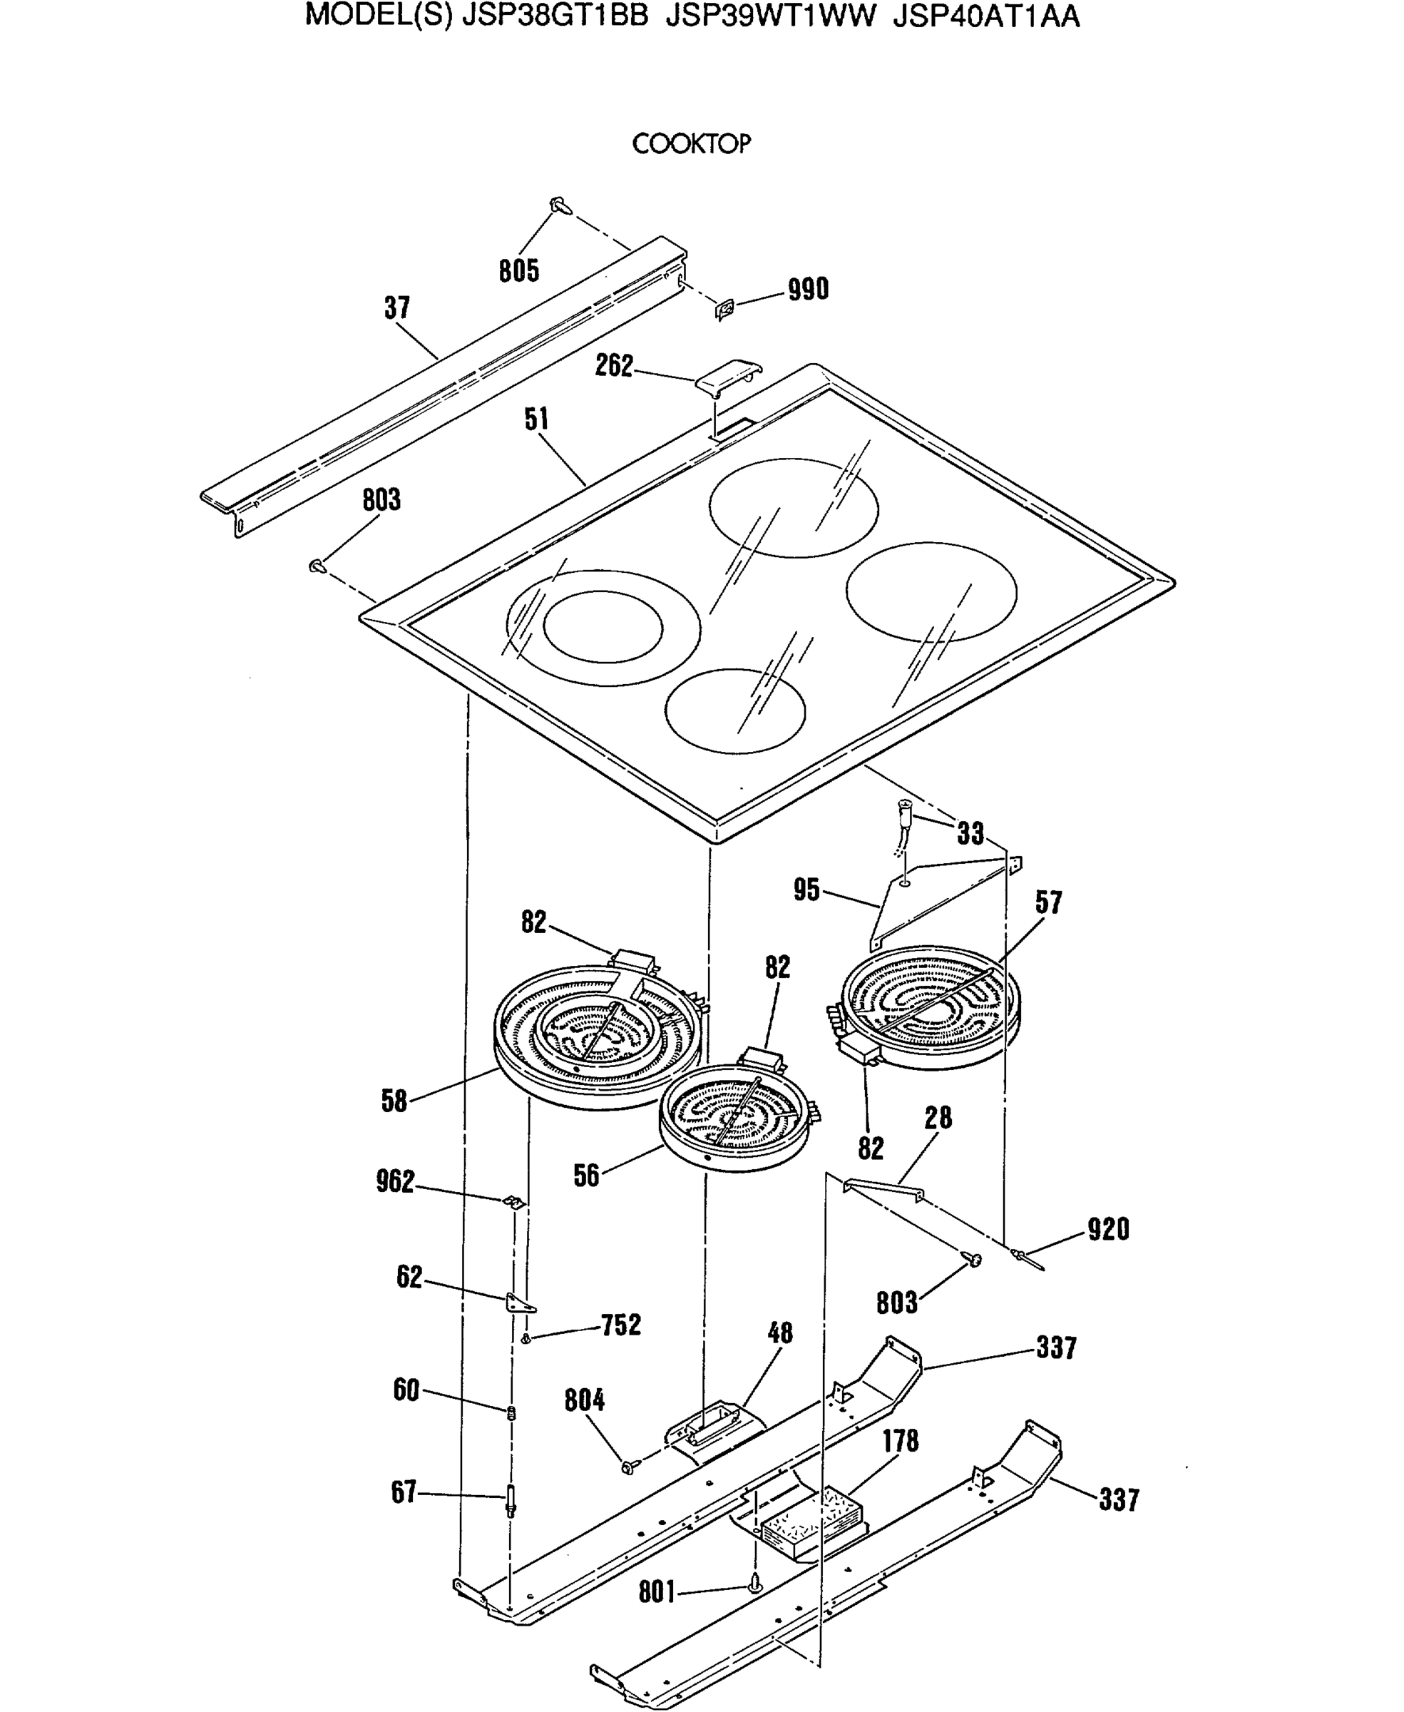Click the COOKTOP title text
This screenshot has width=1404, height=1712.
(691, 144)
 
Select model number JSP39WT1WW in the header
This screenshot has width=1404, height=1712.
(770, 17)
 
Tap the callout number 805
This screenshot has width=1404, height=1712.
(518, 271)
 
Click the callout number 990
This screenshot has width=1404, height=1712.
(808, 289)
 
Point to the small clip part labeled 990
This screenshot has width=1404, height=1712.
(724, 308)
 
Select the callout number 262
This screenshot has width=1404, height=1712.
(614, 366)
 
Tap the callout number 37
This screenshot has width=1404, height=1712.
(397, 307)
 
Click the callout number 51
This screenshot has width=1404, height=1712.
(536, 419)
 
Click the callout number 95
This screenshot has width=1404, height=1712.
(806, 890)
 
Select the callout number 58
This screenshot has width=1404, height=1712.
(394, 1101)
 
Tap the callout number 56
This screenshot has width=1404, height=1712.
(586, 1176)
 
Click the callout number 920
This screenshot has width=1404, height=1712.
(1108, 1229)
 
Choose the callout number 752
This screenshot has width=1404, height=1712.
(620, 1325)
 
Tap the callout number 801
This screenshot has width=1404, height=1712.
(657, 1591)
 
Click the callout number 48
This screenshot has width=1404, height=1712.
(779, 1333)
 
